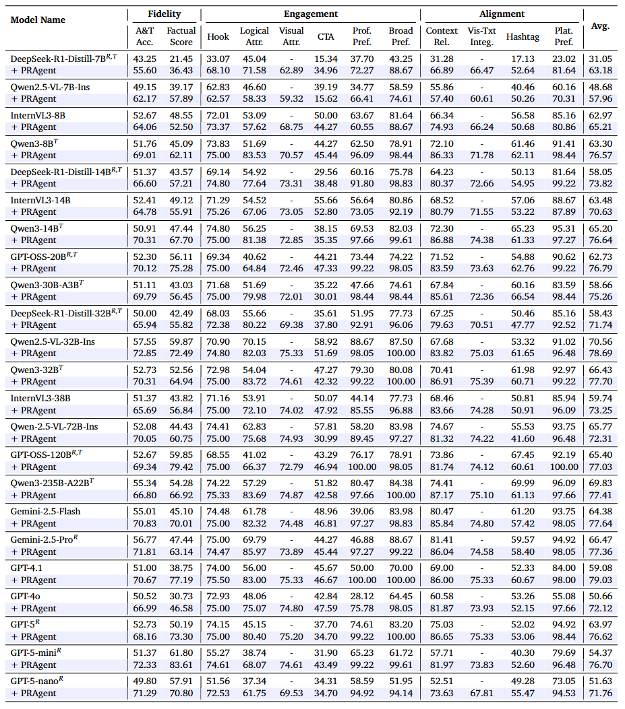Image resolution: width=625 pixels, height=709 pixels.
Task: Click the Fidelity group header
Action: [165, 13]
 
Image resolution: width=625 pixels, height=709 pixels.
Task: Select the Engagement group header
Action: [310, 13]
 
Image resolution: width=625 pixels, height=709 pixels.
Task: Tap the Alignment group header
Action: [502, 13]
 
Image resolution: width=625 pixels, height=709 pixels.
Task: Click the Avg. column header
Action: [600, 26]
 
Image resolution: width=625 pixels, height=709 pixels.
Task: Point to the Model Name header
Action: [38, 20]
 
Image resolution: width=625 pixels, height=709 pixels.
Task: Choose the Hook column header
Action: [218, 36]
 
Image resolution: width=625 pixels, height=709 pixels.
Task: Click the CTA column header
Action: [326, 36]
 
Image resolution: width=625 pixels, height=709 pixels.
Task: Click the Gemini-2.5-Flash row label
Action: [45, 511]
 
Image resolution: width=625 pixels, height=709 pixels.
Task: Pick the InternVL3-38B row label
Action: [40, 398]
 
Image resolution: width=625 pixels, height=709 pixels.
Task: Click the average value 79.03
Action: [600, 580]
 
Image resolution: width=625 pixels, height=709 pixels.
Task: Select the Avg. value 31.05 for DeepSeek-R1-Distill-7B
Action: [600, 59]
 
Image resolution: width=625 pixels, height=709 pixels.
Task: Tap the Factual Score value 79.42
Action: [181, 467]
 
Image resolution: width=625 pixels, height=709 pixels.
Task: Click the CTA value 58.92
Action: [326, 341]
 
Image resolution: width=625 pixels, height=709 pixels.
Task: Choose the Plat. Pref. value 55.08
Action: [564, 596]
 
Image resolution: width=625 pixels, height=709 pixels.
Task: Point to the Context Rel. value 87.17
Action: [442, 495]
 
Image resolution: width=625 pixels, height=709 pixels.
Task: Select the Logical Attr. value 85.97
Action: [254, 551]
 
